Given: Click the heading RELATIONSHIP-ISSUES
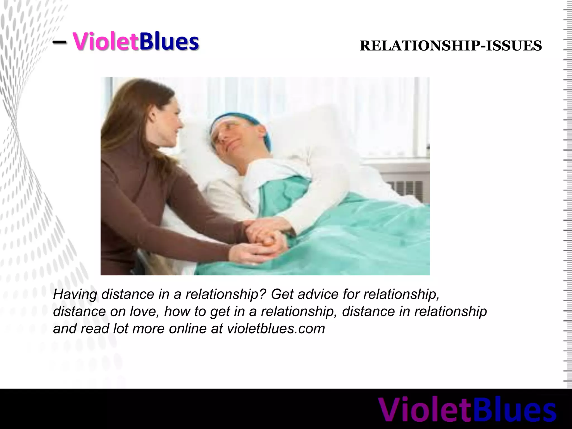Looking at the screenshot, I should point(451,46).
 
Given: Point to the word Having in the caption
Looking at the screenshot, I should point(75,294).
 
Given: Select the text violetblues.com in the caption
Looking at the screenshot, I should point(276,328).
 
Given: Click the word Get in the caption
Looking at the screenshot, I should point(282,294).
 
